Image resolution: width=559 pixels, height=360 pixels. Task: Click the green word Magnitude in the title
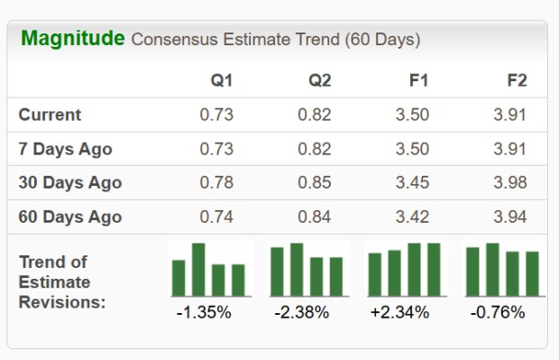(x=72, y=39)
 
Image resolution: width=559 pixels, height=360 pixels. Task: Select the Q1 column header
(x=222, y=80)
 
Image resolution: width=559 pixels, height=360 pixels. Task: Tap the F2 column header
(x=517, y=80)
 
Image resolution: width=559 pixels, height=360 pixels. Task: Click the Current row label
(x=50, y=115)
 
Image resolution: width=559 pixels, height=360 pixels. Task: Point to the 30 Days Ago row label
(x=69, y=183)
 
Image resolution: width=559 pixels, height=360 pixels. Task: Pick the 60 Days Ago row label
(x=69, y=217)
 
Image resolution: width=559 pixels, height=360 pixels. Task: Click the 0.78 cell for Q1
(x=216, y=183)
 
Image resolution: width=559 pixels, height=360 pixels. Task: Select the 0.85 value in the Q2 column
(x=315, y=183)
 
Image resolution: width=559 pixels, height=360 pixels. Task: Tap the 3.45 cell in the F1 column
(x=412, y=183)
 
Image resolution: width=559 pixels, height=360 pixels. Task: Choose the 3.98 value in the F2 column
(x=509, y=183)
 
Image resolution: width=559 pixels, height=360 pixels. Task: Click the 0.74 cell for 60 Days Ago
(x=216, y=217)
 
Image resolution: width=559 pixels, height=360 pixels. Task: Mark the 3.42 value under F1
(x=412, y=217)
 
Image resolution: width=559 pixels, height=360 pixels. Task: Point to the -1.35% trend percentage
(x=204, y=313)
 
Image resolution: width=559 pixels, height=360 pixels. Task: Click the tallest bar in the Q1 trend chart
(x=198, y=270)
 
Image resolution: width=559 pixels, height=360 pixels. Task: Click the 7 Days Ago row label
(x=65, y=149)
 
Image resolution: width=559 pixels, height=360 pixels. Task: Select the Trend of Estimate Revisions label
(x=61, y=282)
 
